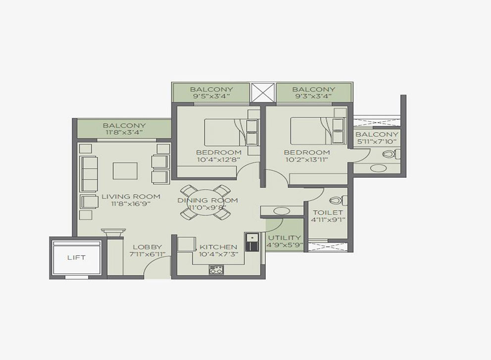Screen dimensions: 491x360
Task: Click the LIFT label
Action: (76, 257)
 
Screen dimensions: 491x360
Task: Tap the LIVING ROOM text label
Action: (131, 197)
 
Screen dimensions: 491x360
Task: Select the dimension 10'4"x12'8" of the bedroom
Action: (219, 159)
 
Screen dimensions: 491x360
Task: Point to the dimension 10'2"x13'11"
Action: (306, 159)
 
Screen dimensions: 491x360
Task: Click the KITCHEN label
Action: (218, 247)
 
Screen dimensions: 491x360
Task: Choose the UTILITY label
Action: (284, 238)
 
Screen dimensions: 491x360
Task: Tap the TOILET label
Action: (328, 212)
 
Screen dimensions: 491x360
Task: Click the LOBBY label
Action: (147, 247)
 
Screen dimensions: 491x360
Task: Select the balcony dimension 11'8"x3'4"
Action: (124, 132)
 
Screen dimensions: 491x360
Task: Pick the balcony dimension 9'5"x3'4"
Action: (211, 96)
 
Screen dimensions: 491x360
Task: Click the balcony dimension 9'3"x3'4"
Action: (313, 96)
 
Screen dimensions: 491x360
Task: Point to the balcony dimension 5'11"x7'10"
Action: (377, 141)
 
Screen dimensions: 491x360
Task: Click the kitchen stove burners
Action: (216, 270)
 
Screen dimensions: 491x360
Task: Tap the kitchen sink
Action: (252, 242)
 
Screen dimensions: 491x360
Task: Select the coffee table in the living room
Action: (125, 171)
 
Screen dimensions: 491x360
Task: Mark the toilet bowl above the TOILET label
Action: (338, 200)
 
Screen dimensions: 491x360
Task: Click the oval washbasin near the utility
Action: (282, 211)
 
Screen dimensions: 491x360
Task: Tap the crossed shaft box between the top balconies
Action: (263, 93)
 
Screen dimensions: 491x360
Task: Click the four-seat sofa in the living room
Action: (89, 174)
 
